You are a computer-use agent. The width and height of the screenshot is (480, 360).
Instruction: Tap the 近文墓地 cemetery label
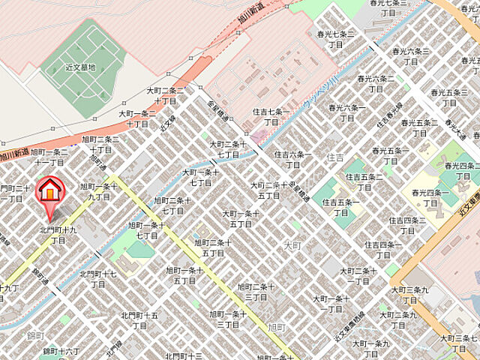pos(79,67)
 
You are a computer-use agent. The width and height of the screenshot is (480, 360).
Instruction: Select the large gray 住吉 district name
pos(335,157)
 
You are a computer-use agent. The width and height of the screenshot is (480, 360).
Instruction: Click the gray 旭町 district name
pos(276,327)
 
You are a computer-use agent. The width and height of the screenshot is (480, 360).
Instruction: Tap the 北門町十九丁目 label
pos(58,234)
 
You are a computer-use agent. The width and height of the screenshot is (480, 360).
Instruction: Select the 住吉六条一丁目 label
pos(292,159)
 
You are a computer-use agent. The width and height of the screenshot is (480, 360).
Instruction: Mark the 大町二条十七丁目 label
pos(227,148)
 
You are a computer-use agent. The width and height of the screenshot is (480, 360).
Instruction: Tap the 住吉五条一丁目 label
pos(341,207)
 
